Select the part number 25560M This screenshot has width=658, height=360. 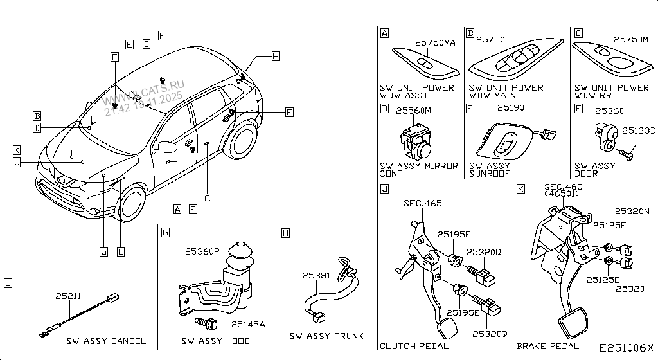point(413,111)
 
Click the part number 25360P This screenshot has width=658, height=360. point(202,251)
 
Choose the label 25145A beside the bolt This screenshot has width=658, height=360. point(249,324)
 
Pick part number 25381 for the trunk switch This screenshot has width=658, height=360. point(317,275)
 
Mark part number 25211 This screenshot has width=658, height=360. point(68,296)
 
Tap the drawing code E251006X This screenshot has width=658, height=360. point(626,348)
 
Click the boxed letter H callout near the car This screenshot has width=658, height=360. point(275,56)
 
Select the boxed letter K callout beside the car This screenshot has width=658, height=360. point(17,150)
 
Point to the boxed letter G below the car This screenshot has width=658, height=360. point(103,251)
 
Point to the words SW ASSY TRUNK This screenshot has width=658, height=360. point(326,336)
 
